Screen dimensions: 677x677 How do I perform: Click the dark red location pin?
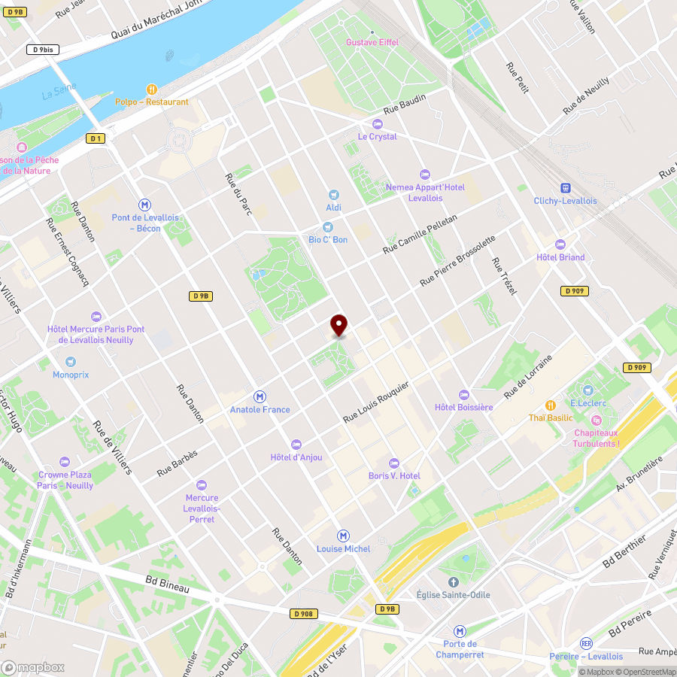pos(339,325)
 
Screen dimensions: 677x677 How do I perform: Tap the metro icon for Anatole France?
pos(260,396)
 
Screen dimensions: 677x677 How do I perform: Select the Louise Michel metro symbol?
pos(344,536)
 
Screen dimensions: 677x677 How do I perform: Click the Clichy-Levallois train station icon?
pos(565,187)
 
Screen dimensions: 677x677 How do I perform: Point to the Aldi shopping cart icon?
pos(334,194)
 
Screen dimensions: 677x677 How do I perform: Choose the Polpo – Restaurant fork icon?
pos(151,89)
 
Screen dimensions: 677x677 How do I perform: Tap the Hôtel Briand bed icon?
pos(560,244)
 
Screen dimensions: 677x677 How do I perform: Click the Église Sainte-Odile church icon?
pos(453,581)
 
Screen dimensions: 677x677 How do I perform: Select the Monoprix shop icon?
pos(71,361)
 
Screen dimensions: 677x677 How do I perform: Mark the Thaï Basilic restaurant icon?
pos(550,405)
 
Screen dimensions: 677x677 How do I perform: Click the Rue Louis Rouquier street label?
pos(376,401)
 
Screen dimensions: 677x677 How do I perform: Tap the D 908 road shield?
pos(302,614)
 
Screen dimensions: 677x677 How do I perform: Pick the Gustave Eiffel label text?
pos(371,42)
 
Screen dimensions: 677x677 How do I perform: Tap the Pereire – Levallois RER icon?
pos(586,643)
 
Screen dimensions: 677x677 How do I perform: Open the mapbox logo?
pos(33,667)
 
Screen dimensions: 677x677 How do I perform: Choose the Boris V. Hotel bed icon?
pos(393,463)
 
